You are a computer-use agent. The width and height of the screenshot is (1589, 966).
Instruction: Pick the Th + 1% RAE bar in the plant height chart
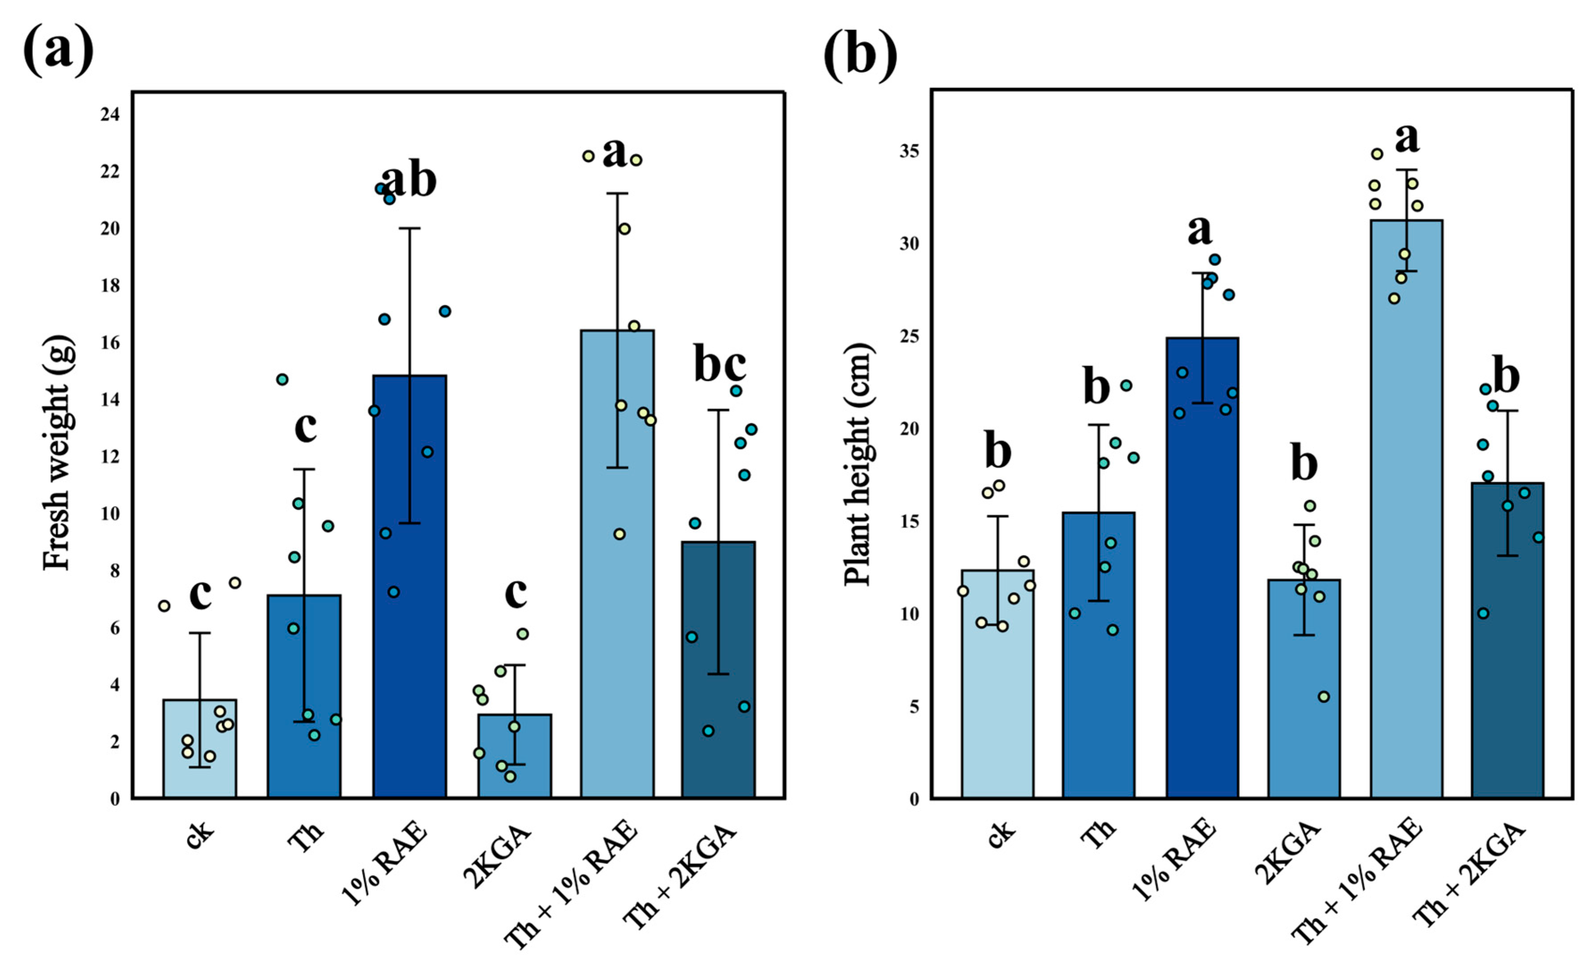pyautogui.click(x=1406, y=509)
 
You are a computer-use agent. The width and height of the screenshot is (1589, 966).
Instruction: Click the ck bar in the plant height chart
pyautogui.click(x=998, y=683)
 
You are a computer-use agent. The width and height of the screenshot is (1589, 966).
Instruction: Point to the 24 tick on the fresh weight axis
pyautogui.click(x=110, y=115)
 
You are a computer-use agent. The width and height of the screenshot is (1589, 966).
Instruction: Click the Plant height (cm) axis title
pyautogui.click(x=858, y=464)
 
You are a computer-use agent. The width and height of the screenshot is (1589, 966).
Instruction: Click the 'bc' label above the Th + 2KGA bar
pyautogui.click(x=720, y=364)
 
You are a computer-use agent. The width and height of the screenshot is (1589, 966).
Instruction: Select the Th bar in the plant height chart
pyautogui.click(x=1099, y=654)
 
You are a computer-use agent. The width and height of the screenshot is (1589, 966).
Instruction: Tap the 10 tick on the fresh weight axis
pyautogui.click(x=110, y=514)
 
